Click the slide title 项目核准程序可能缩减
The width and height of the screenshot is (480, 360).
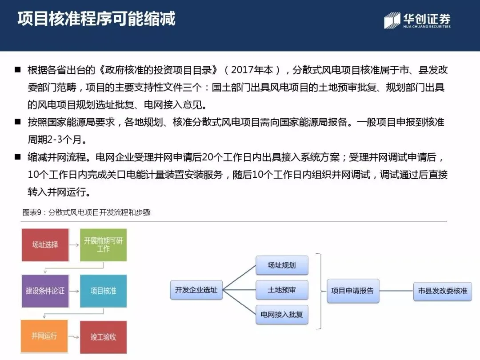click(96, 19)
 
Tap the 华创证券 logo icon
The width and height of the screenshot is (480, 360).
click(392, 20)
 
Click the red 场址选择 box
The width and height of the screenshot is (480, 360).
click(45, 245)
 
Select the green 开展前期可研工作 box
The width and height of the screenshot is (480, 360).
click(103, 245)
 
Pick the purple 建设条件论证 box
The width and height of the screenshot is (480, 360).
click(45, 291)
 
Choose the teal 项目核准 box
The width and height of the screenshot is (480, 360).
click(103, 291)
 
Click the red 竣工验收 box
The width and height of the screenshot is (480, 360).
click(103, 336)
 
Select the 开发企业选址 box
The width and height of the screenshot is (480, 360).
click(196, 290)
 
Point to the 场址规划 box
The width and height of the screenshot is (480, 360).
click(282, 265)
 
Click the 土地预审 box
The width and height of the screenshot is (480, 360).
click(282, 290)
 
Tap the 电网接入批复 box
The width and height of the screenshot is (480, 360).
click(282, 314)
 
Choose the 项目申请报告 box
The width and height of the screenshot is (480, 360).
click(353, 291)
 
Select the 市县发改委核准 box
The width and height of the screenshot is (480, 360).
click(442, 291)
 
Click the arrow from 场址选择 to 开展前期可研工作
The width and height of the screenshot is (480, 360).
click(74, 245)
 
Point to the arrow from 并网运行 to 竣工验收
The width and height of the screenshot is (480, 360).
click(74, 336)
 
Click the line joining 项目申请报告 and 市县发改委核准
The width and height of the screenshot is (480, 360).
click(396, 291)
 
